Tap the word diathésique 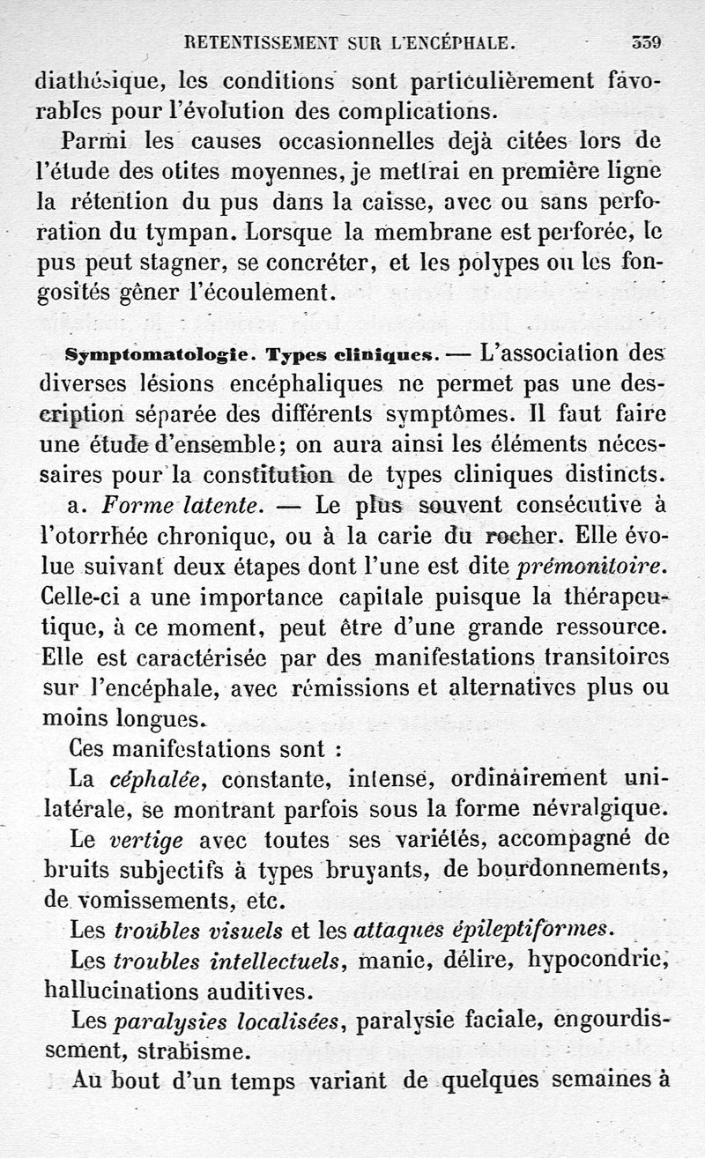97,81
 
